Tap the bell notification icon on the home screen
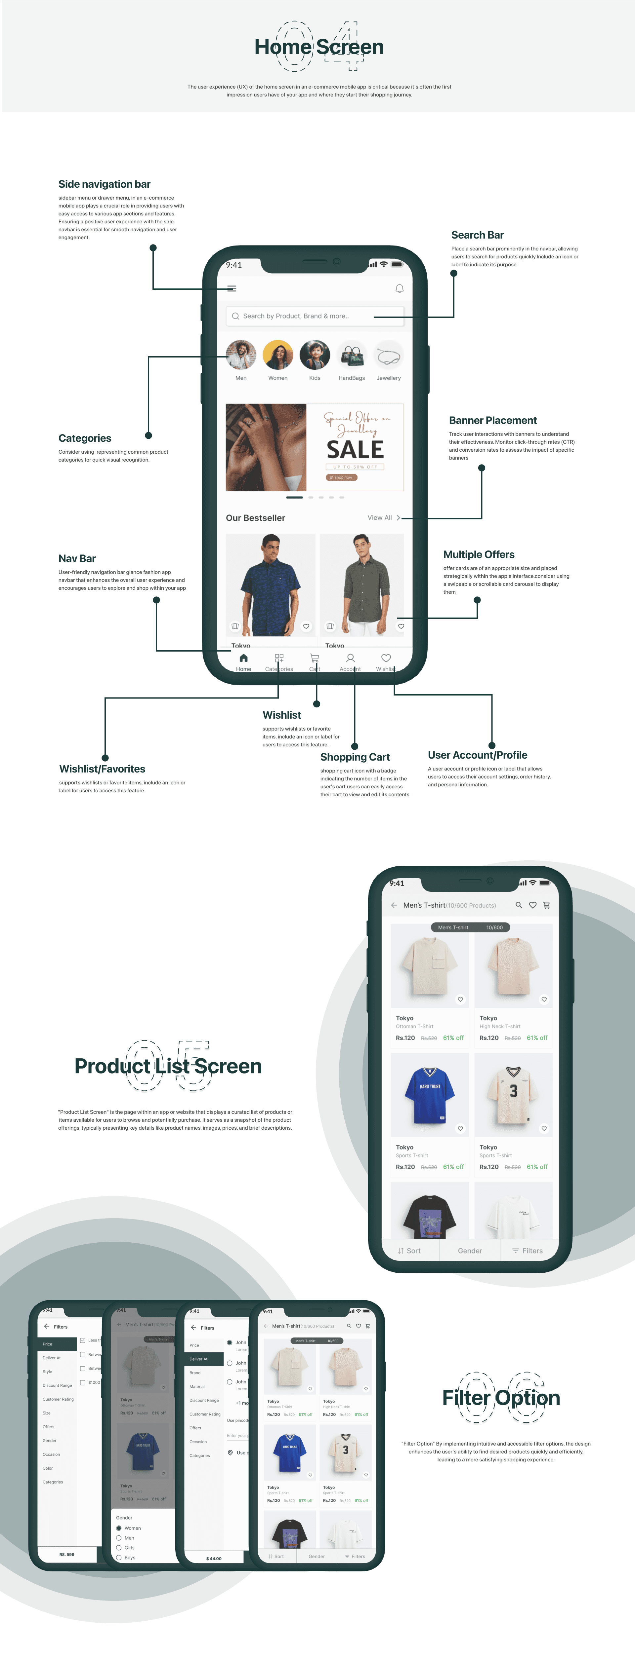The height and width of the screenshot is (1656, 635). pos(399,289)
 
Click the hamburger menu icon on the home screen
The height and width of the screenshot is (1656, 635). pos(232,289)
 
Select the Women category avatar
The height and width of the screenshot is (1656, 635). pos(278,355)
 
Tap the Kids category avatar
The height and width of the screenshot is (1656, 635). pos(315,355)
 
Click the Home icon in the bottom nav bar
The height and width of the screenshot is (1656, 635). pos(243,658)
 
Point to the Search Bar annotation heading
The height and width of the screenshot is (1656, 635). pos(477,235)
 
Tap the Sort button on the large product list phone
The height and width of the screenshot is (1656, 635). pos(409,1250)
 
